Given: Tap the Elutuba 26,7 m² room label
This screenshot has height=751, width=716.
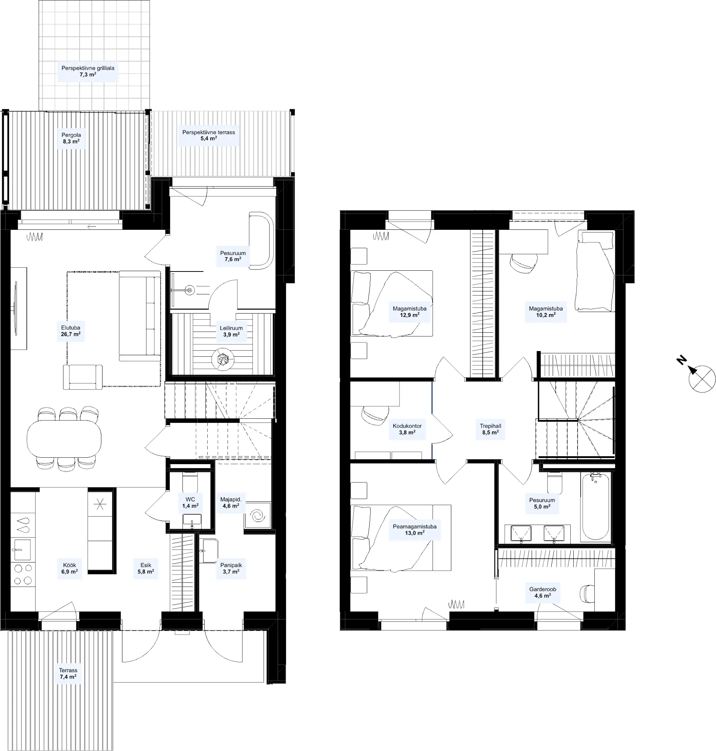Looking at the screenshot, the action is tap(71, 331).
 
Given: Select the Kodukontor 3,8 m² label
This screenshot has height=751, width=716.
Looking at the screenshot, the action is tap(407, 429).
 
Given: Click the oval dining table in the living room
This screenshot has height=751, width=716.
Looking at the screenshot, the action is tap(64, 438).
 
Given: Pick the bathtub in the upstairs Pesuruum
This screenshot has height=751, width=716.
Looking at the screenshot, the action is tap(595, 507).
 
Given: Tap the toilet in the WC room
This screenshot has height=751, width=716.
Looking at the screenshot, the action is tap(190, 482).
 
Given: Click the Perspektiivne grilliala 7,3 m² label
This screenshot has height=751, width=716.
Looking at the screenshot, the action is tap(88, 71).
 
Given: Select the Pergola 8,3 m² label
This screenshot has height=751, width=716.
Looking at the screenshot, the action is tap(71, 138).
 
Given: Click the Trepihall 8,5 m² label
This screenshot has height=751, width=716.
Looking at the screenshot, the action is tap(490, 429).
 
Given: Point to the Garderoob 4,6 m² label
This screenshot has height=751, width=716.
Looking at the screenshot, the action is tap(542, 592).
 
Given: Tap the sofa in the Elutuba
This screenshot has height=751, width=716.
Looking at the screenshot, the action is tap(140, 316).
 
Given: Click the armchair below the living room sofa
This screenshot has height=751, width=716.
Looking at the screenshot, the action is tap(83, 377).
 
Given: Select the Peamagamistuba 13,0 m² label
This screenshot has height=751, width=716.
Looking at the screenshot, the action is tap(415, 530).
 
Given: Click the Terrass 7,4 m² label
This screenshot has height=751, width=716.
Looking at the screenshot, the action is tap(68, 674).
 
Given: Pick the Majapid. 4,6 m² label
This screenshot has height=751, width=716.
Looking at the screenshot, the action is tap(231, 502).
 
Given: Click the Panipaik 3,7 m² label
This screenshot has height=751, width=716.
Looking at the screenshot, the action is tap(231, 569).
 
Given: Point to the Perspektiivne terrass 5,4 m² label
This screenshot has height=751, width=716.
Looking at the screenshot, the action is tap(209, 136).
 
